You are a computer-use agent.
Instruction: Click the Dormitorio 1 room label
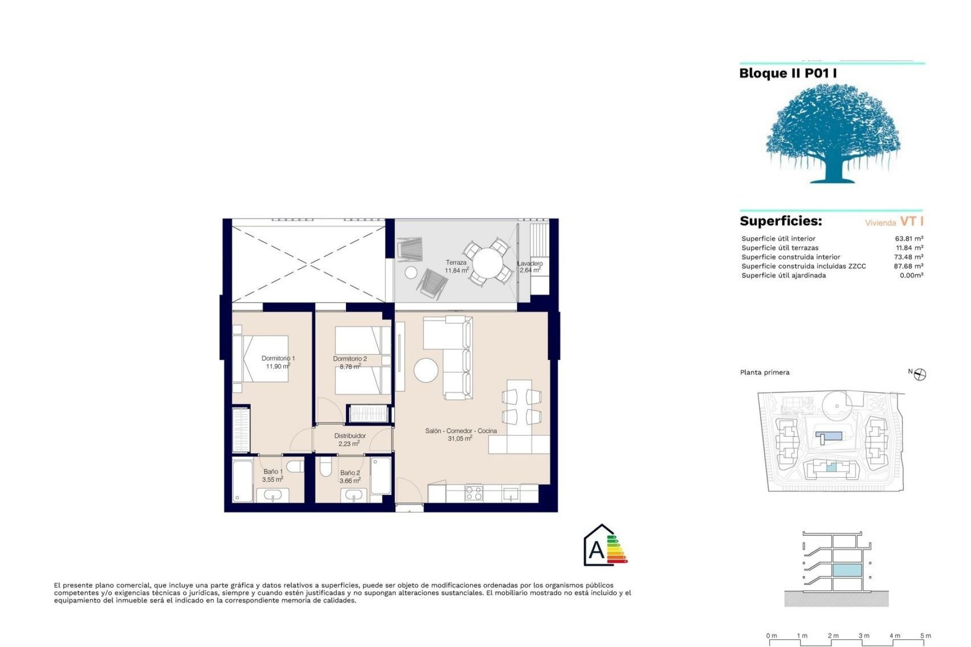point(278,358)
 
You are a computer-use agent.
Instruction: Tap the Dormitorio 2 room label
point(349,359)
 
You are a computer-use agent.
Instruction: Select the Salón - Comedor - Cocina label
point(461,431)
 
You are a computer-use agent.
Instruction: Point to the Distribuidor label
point(349,436)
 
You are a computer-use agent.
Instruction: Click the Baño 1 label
point(273,472)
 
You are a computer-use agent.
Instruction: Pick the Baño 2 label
point(350,473)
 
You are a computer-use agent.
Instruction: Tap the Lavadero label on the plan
point(530,263)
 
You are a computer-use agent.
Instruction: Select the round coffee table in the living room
point(426,371)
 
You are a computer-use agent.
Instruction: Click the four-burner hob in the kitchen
point(473,493)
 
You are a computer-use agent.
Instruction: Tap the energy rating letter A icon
point(597,549)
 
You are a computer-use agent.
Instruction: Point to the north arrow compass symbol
point(920,375)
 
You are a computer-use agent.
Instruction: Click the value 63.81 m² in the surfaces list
point(909,239)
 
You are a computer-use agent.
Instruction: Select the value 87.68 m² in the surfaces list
point(908,266)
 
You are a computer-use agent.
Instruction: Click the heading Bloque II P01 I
point(787,73)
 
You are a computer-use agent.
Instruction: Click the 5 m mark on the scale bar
point(925,636)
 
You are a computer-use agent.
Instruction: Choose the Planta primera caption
point(764,373)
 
